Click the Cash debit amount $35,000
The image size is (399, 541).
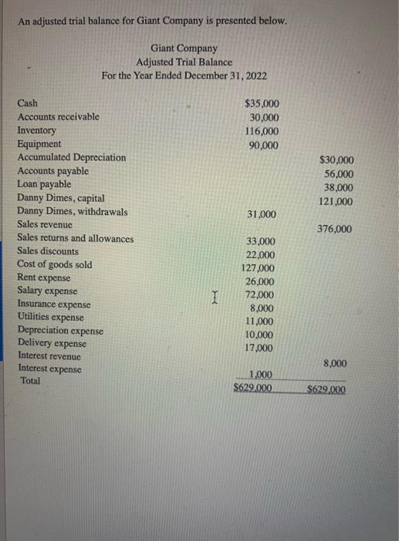[x=262, y=103]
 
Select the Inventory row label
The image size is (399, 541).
[x=37, y=131]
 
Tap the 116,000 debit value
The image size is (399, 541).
[x=261, y=131]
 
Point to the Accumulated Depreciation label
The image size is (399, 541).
[x=72, y=158]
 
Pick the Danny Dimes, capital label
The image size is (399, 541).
[x=61, y=198]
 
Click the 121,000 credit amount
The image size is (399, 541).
[x=336, y=202]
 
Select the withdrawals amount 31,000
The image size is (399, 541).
[x=261, y=213]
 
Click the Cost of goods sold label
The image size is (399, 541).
[x=55, y=265]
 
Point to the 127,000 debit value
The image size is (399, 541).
[x=259, y=268]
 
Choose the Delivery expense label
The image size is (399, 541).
[x=52, y=343]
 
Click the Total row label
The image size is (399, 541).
[x=31, y=382]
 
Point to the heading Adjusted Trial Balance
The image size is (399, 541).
[x=184, y=62]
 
